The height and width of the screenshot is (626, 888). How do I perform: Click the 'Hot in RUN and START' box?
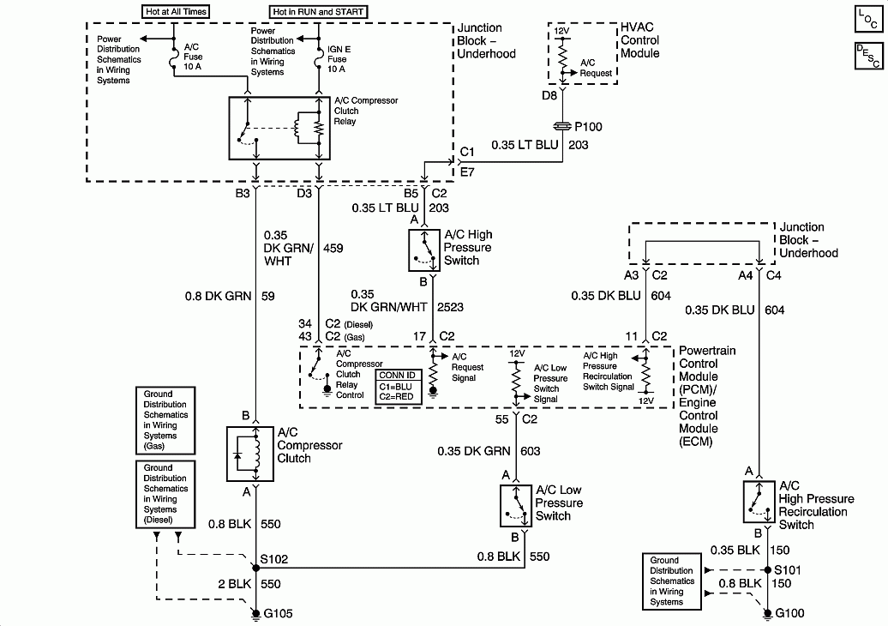click(x=318, y=12)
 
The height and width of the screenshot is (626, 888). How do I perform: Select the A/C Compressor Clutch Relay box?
click(x=281, y=127)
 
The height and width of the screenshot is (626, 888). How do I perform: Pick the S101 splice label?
click(x=789, y=569)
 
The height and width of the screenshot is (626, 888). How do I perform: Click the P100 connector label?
click(x=587, y=127)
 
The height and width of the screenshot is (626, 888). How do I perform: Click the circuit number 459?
click(x=333, y=249)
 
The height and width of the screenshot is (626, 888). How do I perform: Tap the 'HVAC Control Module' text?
click(x=639, y=40)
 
